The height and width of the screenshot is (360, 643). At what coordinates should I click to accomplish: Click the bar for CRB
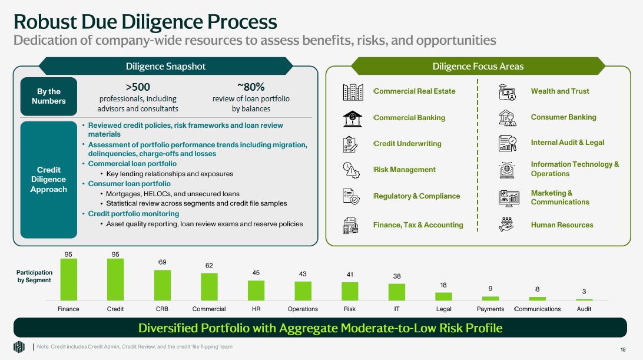pyautogui.click(x=163, y=285)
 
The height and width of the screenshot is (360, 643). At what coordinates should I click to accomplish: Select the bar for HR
pyautogui.click(x=256, y=290)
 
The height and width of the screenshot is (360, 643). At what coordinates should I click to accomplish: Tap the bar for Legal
pyautogui.click(x=443, y=296)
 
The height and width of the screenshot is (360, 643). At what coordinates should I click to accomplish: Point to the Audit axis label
pyautogui.click(x=584, y=309)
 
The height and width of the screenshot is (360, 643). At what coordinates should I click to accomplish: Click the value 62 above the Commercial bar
pyautogui.click(x=209, y=266)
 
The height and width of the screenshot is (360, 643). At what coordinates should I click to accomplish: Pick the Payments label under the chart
pyautogui.click(x=490, y=309)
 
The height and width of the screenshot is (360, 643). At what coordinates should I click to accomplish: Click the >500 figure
pyautogui.click(x=138, y=87)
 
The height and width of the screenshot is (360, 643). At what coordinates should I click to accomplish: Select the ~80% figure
pyautogui.click(x=251, y=87)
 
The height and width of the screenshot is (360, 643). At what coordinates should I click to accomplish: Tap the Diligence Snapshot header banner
pyautogui.click(x=165, y=66)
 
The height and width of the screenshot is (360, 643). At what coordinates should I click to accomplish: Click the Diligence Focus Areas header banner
pyautogui.click(x=478, y=66)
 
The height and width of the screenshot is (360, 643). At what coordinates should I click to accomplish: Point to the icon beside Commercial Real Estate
pyautogui.click(x=353, y=91)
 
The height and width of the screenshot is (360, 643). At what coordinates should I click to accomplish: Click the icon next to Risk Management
pyautogui.click(x=353, y=170)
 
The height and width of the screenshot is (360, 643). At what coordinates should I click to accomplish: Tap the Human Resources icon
pyautogui.click(x=507, y=224)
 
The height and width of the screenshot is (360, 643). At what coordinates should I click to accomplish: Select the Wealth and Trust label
pyautogui.click(x=559, y=91)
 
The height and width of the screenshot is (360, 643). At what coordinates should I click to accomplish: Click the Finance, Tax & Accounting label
pyautogui.click(x=418, y=224)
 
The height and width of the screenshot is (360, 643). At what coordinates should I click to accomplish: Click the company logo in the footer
pyautogui.click(x=19, y=347)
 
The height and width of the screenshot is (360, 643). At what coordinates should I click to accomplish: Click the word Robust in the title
pyautogui.click(x=47, y=22)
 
